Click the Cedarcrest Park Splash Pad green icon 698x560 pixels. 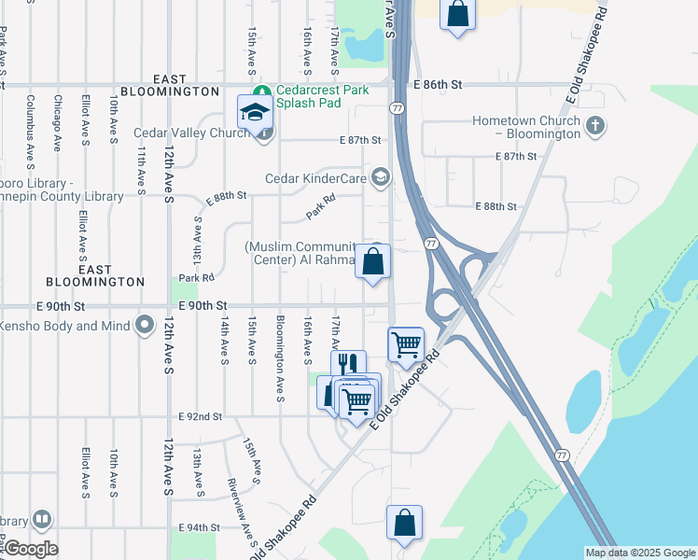pyautogui.click(x=266, y=91)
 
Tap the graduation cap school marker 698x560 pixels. pyautogui.click(x=253, y=111)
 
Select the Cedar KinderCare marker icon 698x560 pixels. pyautogui.click(x=381, y=177)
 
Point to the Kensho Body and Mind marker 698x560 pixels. pyautogui.click(x=144, y=326)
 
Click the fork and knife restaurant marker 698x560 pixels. pyautogui.click(x=348, y=365)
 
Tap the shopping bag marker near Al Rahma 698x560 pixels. pyautogui.click(x=373, y=261)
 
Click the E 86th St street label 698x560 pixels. pyautogui.click(x=439, y=84)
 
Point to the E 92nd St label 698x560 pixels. pyautogui.click(x=201, y=416)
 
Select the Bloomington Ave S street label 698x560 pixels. pyautogui.click(x=279, y=358)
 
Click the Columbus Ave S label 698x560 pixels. pyautogui.click(x=31, y=122)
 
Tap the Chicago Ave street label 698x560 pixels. pyautogui.click(x=57, y=122)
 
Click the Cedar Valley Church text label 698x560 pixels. pyautogui.click(x=190, y=133)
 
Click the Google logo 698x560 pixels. pyautogui.click(x=30, y=549)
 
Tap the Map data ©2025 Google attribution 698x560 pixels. pyautogui.click(x=640, y=553)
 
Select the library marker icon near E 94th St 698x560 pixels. pyautogui.click(x=41, y=519)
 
